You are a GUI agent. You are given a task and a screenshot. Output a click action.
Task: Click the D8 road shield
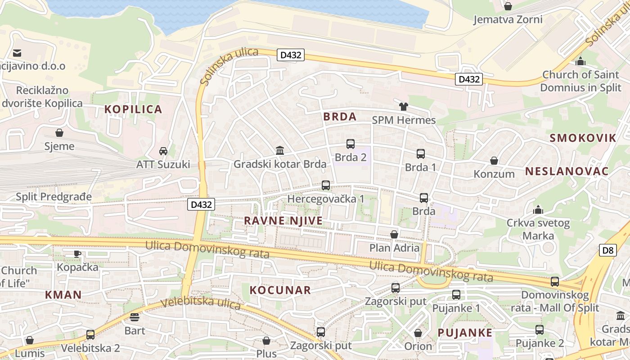click(607, 250)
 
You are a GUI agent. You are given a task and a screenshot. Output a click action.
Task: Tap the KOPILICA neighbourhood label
click(133, 109)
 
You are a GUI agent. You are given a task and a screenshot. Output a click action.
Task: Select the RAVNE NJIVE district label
click(283, 220)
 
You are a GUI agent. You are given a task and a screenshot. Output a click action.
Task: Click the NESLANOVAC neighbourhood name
click(567, 171)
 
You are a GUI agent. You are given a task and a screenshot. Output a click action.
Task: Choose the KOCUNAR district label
click(280, 290)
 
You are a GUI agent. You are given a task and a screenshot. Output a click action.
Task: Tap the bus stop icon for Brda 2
click(351, 144)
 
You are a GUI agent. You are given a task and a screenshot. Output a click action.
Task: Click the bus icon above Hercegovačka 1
click(326, 185)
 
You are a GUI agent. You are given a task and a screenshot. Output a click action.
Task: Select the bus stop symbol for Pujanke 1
click(456, 295)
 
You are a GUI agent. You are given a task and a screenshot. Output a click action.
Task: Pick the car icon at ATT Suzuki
click(163, 151)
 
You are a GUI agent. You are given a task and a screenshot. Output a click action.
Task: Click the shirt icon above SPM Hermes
click(403, 107)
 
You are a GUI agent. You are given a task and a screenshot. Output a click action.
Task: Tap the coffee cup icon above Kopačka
click(77, 253)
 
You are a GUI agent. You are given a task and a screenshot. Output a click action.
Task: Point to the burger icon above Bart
click(135, 317)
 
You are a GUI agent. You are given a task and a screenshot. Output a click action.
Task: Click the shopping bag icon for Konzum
click(494, 161)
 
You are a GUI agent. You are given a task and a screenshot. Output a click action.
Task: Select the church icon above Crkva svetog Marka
click(538, 209)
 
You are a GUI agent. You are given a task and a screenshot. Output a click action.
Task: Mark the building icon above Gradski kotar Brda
click(280, 150)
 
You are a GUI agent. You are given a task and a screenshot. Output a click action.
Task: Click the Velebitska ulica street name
click(201, 303)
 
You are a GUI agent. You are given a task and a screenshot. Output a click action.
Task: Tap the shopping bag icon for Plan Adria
click(394, 234)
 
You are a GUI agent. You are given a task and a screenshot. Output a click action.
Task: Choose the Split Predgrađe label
click(54, 197)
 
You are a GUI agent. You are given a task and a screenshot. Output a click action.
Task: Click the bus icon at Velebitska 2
click(90, 334)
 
